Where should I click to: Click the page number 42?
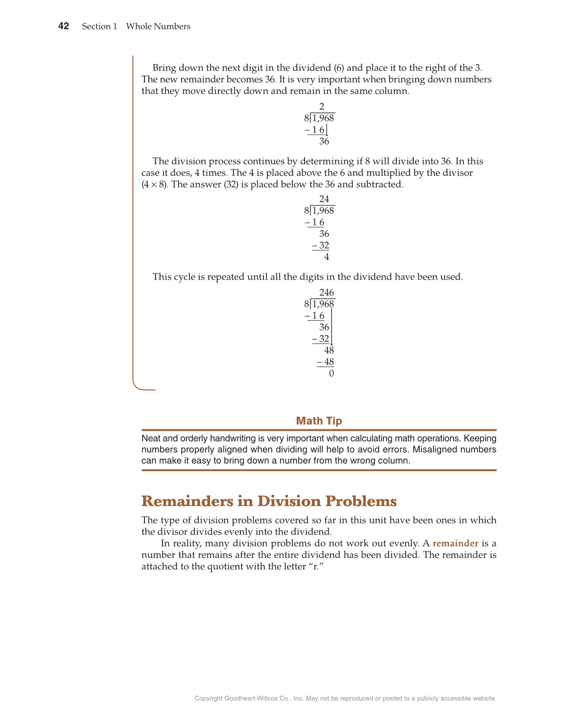pos(64,26)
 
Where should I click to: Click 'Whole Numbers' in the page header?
pos(158,26)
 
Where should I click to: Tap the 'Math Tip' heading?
pos(319,421)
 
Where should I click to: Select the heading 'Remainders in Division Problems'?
pos(269,501)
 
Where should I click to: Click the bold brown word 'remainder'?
pos(455,543)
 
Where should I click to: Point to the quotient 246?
pos(327,293)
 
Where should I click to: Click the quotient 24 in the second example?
pos(324,199)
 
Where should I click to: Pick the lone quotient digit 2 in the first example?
pos(322,107)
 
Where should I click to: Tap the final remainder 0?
pos(331,374)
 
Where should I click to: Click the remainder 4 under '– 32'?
pos(327,257)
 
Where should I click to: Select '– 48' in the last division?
pos(326,362)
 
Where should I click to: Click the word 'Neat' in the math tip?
pos(150,439)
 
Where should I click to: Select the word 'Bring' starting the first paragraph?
pos(164,68)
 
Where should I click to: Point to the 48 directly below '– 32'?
pos(329,350)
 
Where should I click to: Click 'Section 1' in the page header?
pos(99,26)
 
